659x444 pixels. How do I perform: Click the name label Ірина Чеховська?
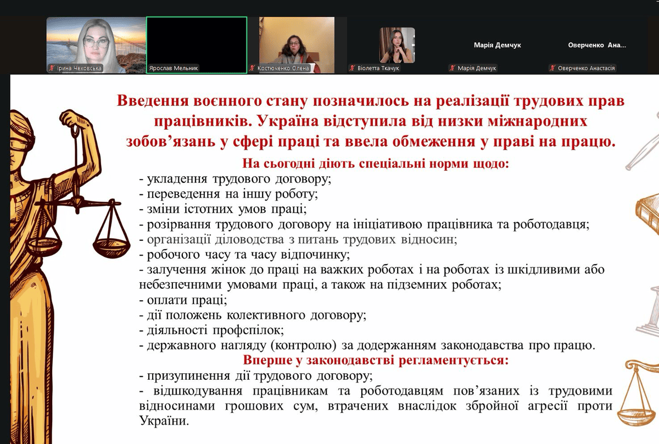[x=79, y=68]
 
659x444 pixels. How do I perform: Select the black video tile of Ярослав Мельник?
[x=197, y=45]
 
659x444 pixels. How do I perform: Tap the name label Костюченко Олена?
[x=283, y=68]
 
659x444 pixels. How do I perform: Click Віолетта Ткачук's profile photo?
[x=397, y=46]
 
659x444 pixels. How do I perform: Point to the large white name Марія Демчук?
[x=497, y=45]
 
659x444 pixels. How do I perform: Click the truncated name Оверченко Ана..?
[x=597, y=45]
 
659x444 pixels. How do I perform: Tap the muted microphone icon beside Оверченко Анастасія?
[x=552, y=68]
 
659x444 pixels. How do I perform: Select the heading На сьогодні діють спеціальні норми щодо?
[x=376, y=164]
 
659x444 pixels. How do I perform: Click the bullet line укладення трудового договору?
[x=235, y=179]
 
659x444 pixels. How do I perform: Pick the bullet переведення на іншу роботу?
[x=228, y=194]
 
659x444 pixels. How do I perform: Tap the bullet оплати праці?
[x=183, y=300]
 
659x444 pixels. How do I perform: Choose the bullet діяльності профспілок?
[x=211, y=330]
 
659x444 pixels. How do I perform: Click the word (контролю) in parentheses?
[x=303, y=345]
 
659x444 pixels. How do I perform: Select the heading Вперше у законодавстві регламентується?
[x=376, y=360]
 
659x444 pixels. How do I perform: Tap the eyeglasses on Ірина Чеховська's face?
[x=96, y=43]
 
